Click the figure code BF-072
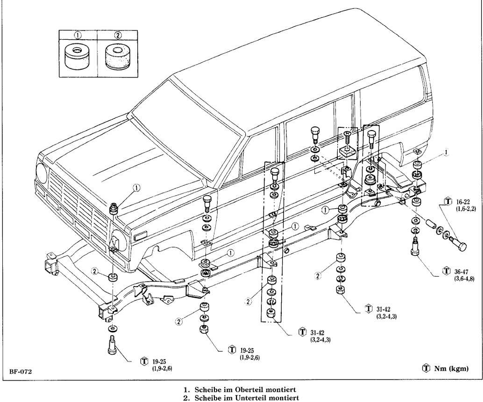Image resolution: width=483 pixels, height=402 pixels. point(20,372)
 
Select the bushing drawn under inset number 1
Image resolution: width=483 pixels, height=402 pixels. point(78,57)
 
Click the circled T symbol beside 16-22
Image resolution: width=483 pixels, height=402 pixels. point(447,201)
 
